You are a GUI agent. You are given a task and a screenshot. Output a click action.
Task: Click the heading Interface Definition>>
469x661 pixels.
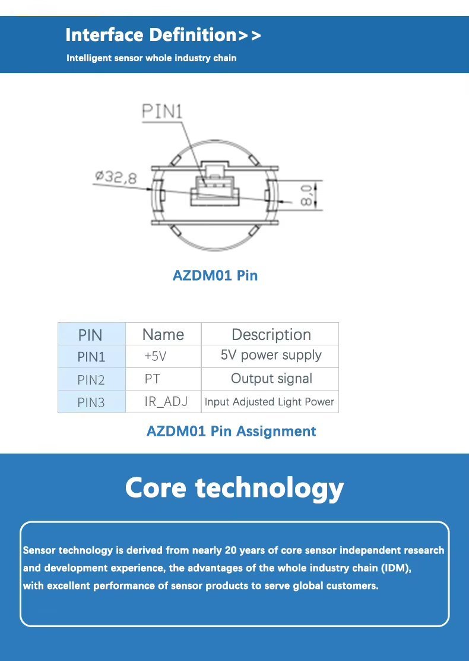coord(163,35)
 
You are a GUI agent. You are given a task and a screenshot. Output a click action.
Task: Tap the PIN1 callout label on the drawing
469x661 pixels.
coord(163,112)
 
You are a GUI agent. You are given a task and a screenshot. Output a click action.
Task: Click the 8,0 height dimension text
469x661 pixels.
coord(307,195)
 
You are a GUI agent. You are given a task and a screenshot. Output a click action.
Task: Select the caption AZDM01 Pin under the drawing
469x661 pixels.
coord(215,275)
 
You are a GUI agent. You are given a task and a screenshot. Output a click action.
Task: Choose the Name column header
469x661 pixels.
coord(163,335)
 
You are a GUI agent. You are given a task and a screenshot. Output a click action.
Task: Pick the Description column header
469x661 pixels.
coord(271,335)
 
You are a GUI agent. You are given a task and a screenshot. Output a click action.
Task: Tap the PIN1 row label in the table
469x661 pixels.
coord(91,357)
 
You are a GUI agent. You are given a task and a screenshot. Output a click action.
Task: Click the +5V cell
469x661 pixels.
coord(156,357)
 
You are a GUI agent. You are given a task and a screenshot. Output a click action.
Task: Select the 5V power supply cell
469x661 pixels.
coord(271,355)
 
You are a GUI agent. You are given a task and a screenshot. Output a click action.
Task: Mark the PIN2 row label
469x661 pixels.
coord(91,380)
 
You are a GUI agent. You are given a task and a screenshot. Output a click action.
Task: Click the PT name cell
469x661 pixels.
coord(153,379)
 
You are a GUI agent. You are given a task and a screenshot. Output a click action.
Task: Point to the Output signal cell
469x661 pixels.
coord(271,379)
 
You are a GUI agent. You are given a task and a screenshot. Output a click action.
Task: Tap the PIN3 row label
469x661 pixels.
coord(91,402)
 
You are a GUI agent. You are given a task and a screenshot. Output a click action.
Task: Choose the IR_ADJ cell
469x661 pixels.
coord(166,402)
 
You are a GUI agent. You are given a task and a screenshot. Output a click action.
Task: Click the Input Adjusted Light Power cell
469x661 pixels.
coord(270,402)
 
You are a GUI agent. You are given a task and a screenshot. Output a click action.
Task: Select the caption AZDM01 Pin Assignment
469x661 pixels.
coord(231,431)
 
